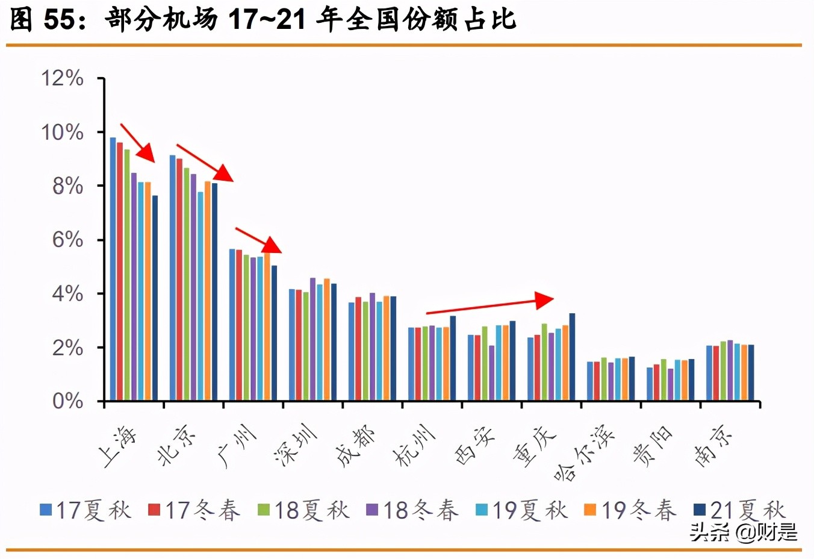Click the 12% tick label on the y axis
pyautogui.click(x=62, y=78)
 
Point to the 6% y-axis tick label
pyautogui.click(x=67, y=240)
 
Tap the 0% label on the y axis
pyautogui.click(x=67, y=401)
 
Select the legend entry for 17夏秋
pyautogui.click(x=85, y=510)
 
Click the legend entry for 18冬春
pyautogui.click(x=412, y=510)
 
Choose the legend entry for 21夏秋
pyautogui.click(x=740, y=510)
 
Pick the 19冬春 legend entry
pyautogui.click(x=630, y=510)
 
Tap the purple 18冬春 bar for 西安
pyautogui.click(x=492, y=373)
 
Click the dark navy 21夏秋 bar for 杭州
pyautogui.click(x=453, y=358)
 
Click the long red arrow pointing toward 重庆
pyautogui.click(x=489, y=305)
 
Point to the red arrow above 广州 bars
pyautogui.click(x=258, y=240)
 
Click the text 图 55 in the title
pyautogui.click(x=42, y=20)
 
